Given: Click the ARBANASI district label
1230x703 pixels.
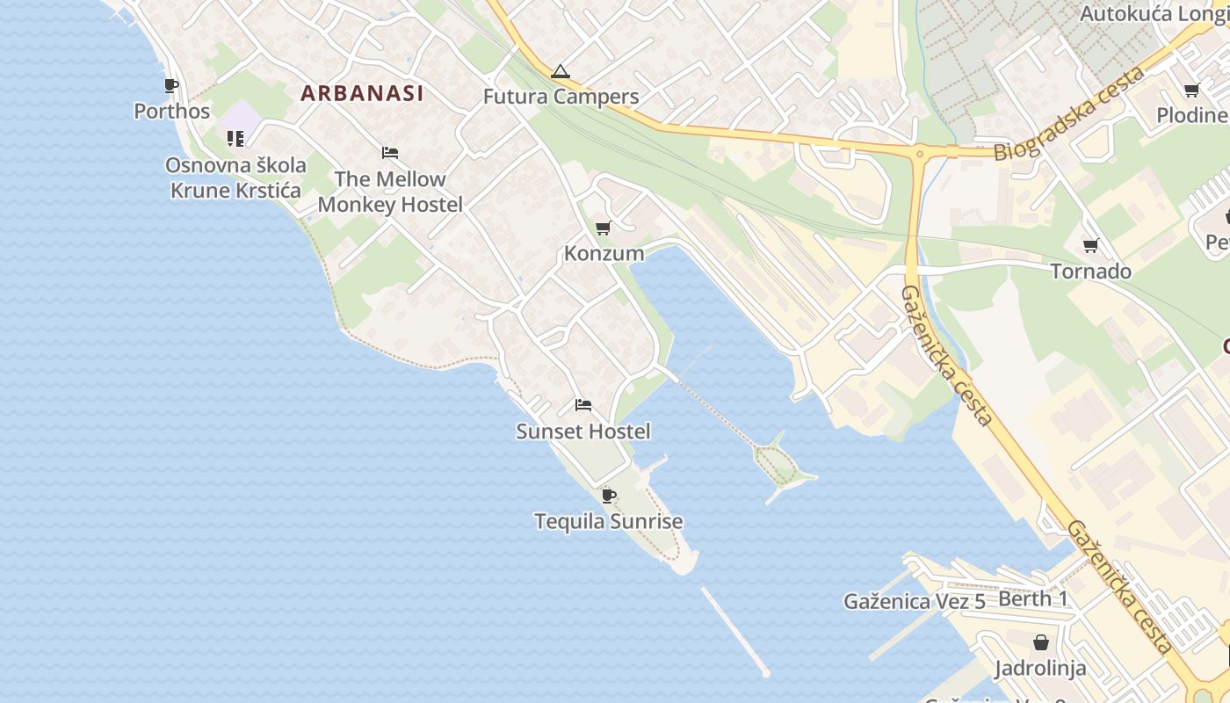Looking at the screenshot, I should pos(362,93).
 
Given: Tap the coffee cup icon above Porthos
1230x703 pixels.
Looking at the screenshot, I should pos(171,85).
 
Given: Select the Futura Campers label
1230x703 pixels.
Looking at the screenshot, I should pos(561,97).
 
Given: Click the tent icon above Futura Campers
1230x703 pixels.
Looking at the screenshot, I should pos(561,72).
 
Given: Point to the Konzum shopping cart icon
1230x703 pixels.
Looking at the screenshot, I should pos(603,228).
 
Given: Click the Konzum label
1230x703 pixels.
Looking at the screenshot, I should pos(604,254).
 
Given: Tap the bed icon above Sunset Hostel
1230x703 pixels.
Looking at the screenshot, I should pos(583,405).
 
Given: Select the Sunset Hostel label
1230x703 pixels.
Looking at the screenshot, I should pos(582,431).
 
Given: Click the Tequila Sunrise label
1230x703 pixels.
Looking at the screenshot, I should pos(608,521).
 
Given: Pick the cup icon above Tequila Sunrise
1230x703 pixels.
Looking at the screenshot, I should pos(608,496).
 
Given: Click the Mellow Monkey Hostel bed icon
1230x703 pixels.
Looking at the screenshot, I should pos(390,153).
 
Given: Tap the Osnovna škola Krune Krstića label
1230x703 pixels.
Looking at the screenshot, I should pos(235,178).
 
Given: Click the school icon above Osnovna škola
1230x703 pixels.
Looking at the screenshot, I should pos(235,139).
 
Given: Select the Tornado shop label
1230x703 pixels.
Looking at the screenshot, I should pos(1090,272).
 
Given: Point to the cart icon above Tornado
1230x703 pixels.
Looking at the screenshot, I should pos(1090,245).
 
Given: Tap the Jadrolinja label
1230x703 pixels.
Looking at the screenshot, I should pos(1040,669).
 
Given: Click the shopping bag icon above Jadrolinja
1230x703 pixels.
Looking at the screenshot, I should pos(1040,642).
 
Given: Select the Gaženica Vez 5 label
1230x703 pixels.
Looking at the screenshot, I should pos(914,602).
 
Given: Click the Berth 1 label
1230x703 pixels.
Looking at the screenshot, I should pos(1033,599).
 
